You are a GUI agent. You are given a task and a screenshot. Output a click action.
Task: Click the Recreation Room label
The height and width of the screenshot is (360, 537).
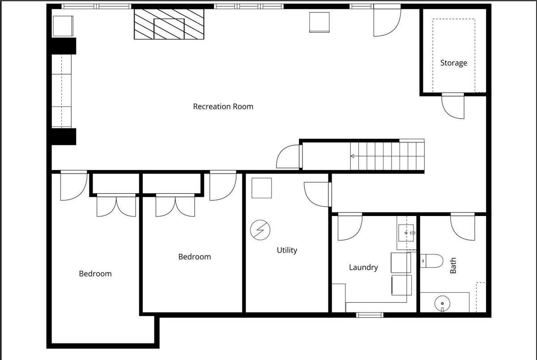pyautogui.click(x=223, y=106)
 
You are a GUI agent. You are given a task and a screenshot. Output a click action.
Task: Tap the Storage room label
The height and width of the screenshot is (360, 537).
pyautogui.click(x=454, y=63)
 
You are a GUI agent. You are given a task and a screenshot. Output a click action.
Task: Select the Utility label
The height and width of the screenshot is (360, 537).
pyautogui.click(x=287, y=250)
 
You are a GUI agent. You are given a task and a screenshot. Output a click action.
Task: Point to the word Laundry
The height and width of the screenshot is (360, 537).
pyautogui.click(x=363, y=267)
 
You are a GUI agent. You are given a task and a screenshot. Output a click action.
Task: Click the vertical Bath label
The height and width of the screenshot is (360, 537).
pyautogui.click(x=453, y=265)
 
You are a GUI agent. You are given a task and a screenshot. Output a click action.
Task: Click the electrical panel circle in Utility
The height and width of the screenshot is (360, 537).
pyautogui.click(x=260, y=230)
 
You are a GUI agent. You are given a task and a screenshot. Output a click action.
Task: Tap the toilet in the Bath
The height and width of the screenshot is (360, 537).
pyautogui.click(x=431, y=261)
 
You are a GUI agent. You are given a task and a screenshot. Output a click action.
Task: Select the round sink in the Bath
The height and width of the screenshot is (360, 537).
pyautogui.click(x=442, y=304)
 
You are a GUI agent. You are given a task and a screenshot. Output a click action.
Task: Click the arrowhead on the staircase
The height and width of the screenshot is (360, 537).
pyautogui.click(x=353, y=156)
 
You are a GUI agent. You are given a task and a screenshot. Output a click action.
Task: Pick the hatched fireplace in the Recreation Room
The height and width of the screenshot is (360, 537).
pyautogui.click(x=169, y=24)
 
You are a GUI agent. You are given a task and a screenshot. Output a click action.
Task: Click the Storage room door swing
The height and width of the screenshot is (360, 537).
pyautogui.click(x=453, y=106)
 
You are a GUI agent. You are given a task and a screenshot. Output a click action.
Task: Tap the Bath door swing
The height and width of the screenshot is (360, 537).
pyautogui.click(x=462, y=227)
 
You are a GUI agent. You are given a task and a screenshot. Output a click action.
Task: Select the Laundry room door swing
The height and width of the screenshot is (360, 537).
pyautogui.click(x=350, y=227)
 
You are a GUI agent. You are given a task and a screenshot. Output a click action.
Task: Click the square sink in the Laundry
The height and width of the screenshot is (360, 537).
pyautogui.click(x=406, y=233)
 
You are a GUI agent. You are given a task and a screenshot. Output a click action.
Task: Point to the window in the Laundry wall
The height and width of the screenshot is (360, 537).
pyautogui.click(x=370, y=315)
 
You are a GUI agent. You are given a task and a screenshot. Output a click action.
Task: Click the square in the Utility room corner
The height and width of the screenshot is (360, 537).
pyautogui.click(x=261, y=188)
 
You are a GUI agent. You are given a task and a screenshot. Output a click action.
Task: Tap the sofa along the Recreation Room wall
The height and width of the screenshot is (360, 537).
pyautogui.click(x=61, y=91)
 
